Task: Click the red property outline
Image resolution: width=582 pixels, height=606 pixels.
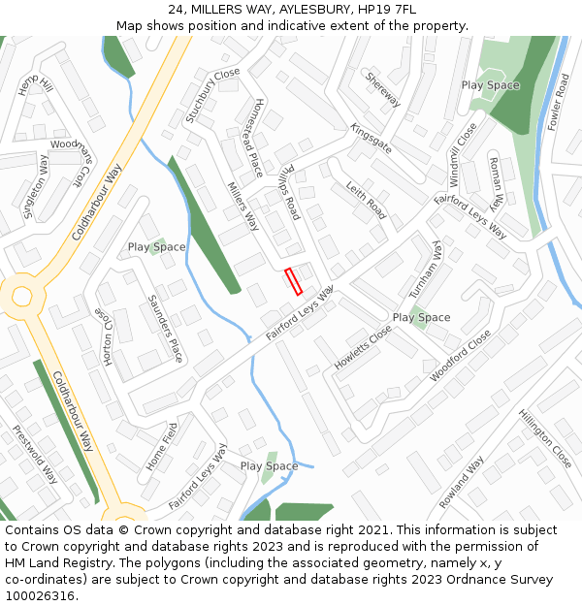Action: pos(294,281)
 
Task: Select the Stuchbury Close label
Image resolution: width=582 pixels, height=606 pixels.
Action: pos(212,95)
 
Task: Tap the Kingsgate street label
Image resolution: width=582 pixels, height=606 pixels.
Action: pos(371,139)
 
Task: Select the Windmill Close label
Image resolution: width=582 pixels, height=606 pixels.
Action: pos(463,154)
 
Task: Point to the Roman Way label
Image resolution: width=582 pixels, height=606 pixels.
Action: pos(495,183)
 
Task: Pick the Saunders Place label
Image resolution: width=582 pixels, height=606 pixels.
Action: pos(165,328)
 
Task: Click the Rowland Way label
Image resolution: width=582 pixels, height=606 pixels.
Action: pos(461,482)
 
